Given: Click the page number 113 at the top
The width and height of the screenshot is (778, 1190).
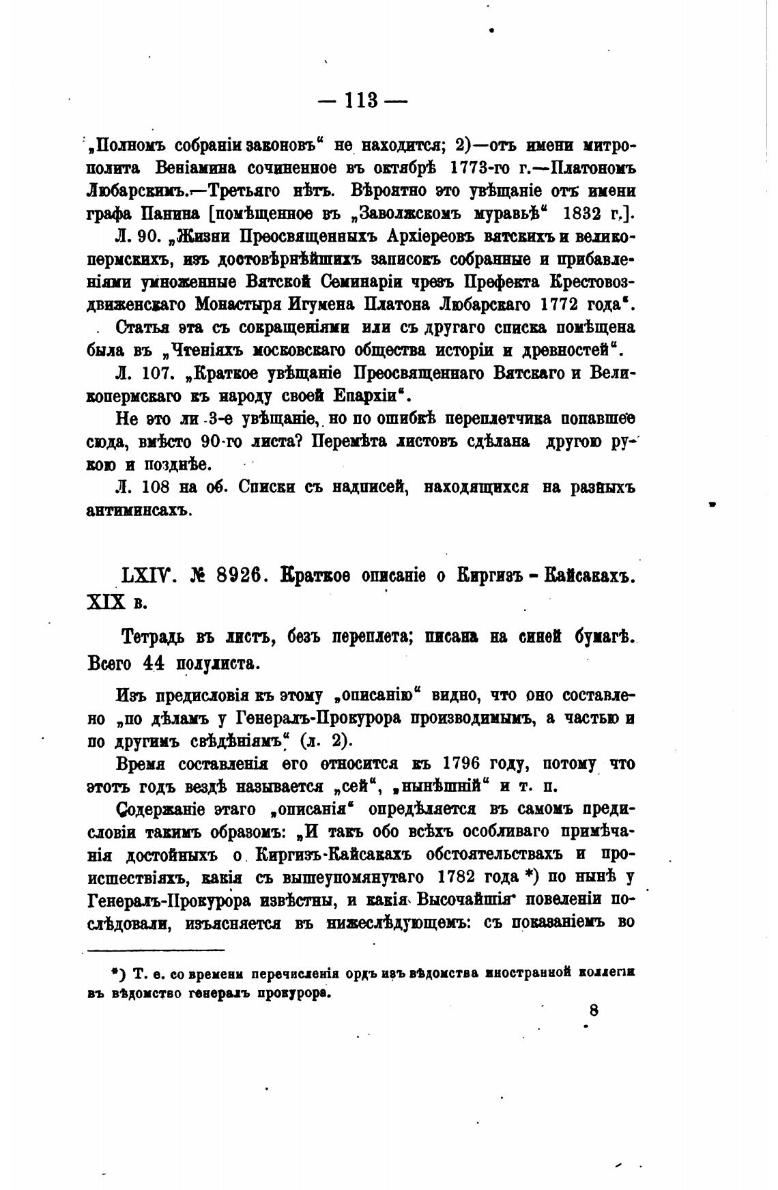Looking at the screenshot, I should pyautogui.click(x=362, y=100).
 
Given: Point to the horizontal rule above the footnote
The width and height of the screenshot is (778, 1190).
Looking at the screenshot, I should pyautogui.click(x=157, y=950).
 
